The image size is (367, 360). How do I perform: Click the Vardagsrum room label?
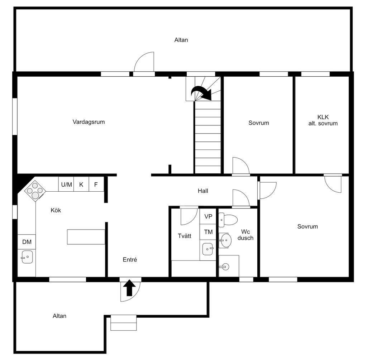click(x=89, y=122)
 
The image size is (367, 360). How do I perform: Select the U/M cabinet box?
click(x=66, y=184)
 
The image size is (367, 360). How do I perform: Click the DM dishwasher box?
click(x=27, y=242)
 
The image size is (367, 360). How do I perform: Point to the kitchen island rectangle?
click(x=86, y=237)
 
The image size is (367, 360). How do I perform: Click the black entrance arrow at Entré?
click(x=130, y=288)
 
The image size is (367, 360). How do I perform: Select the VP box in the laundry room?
click(x=208, y=216)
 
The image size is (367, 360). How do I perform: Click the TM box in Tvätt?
click(x=208, y=232)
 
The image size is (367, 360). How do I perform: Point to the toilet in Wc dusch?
click(x=228, y=219)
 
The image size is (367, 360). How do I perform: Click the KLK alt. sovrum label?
click(x=323, y=120)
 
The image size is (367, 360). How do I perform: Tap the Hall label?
click(x=203, y=191)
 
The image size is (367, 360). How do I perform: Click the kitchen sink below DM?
click(x=27, y=257)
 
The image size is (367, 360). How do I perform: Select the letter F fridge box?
click(x=96, y=184)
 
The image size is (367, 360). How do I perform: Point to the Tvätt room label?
click(x=185, y=236)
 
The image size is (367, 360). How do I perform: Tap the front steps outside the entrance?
click(x=123, y=322)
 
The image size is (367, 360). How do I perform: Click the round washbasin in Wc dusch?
click(x=225, y=240)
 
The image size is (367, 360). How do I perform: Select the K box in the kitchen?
click(x=81, y=184)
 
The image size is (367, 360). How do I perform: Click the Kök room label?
click(x=56, y=210)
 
